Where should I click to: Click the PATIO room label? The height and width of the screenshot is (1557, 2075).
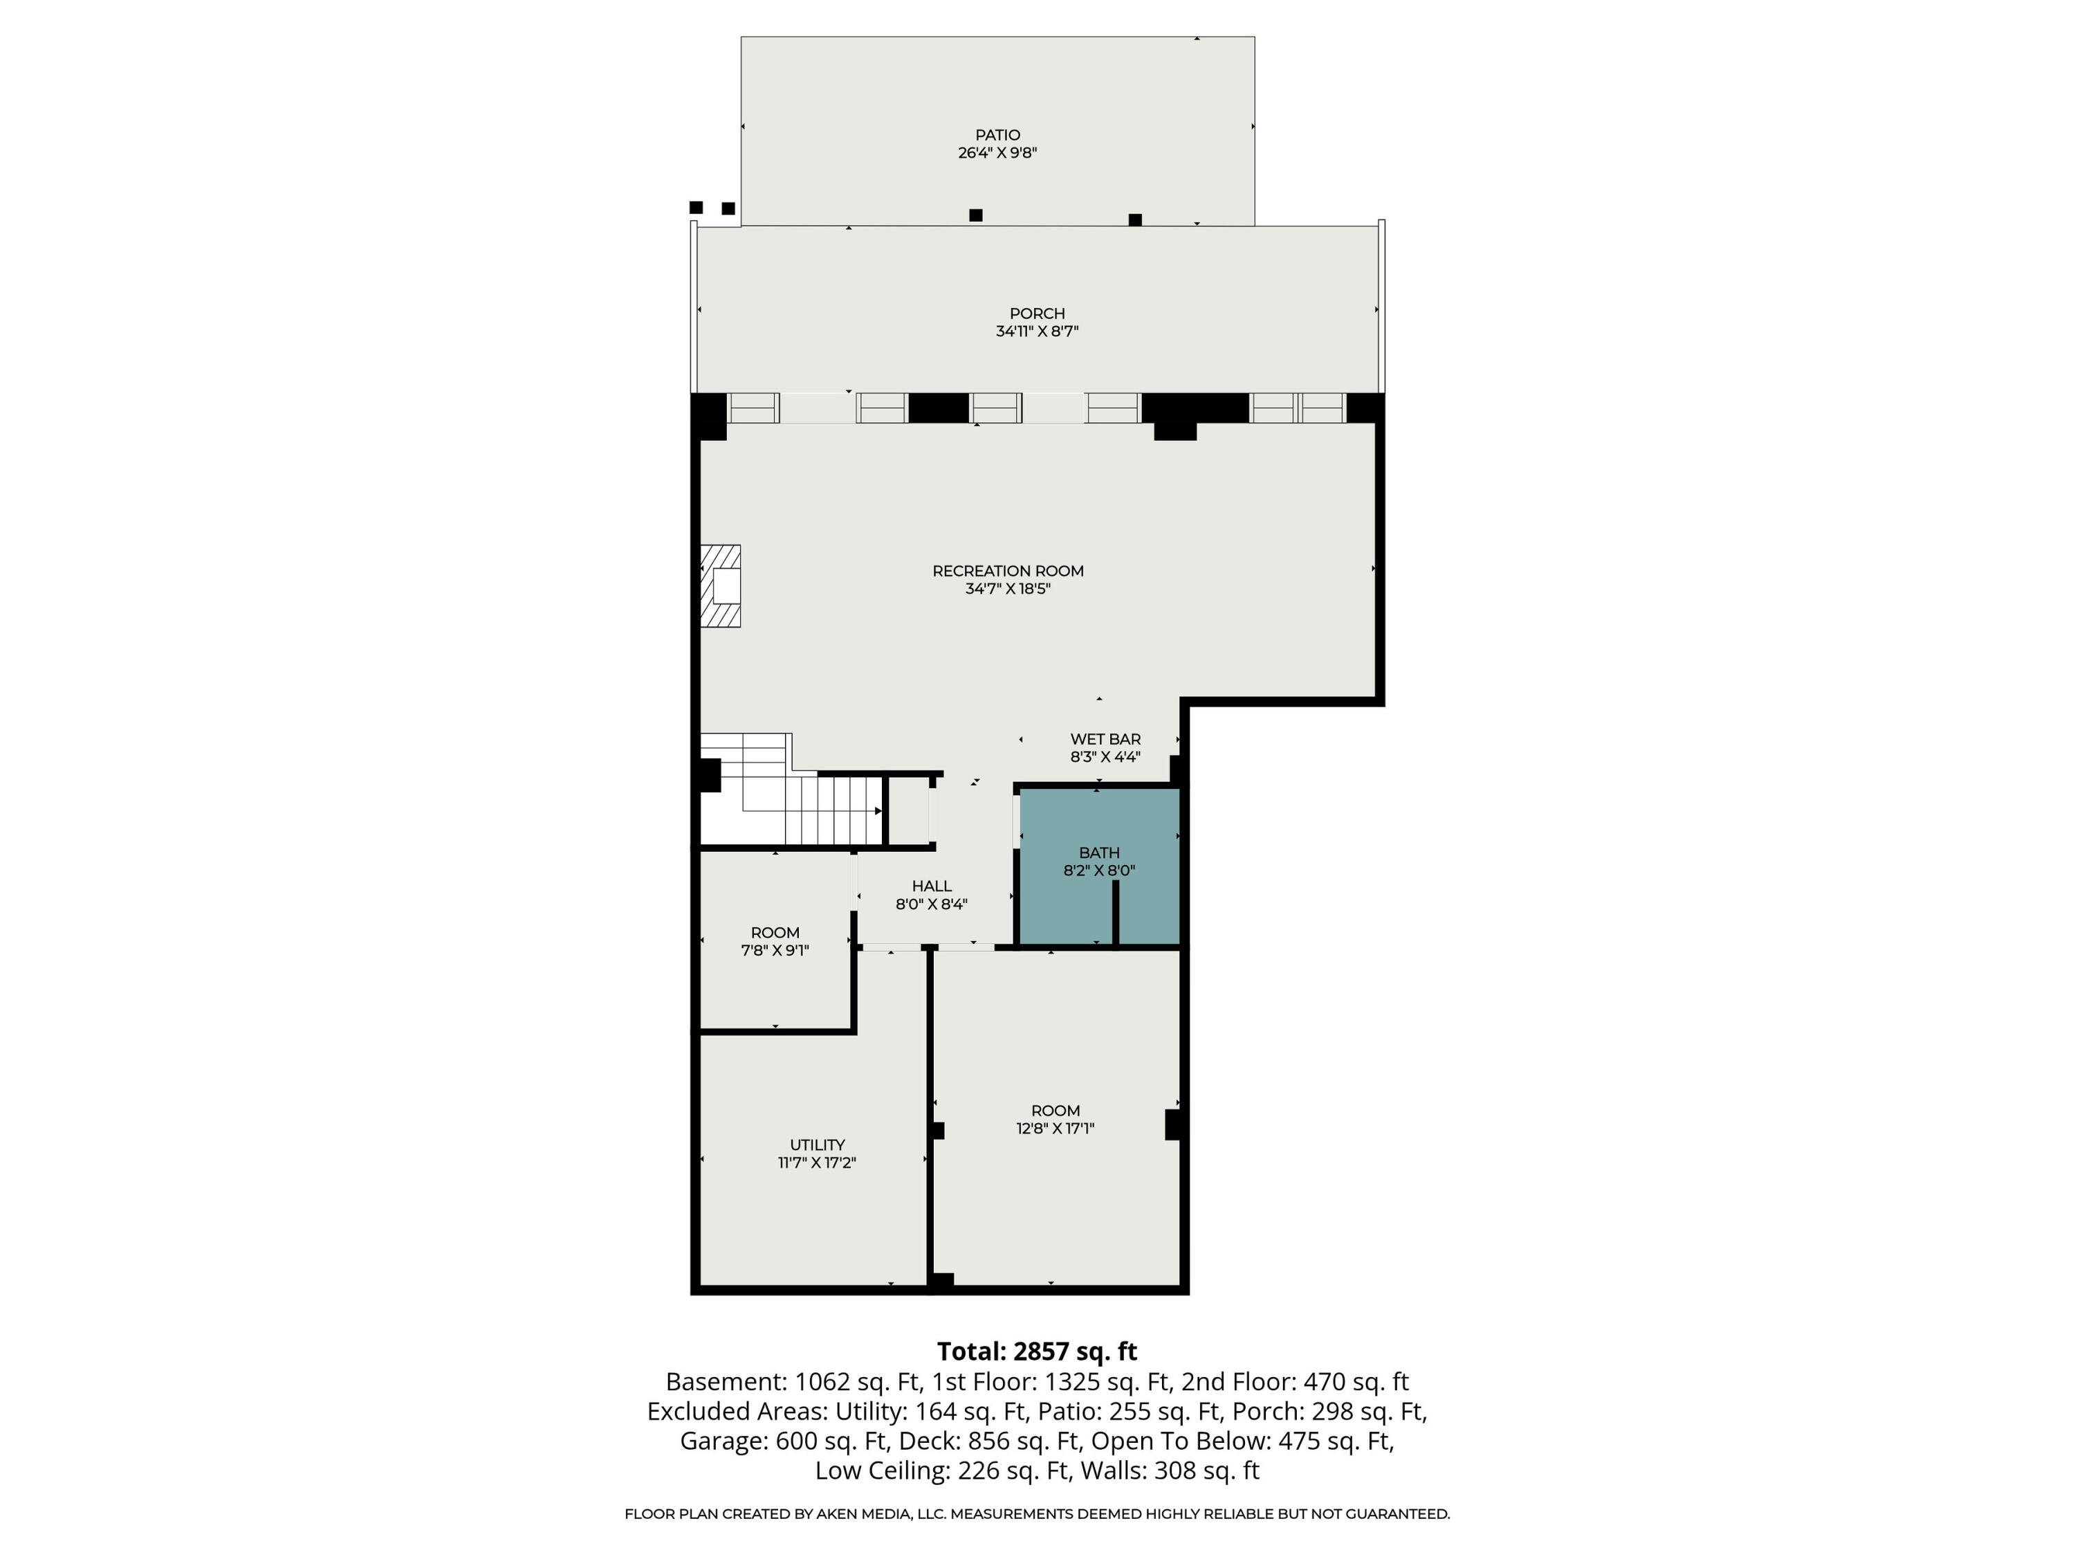point(997,135)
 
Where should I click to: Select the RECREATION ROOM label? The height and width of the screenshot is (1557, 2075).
point(1008,571)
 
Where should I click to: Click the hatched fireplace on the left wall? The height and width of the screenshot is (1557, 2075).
point(721,585)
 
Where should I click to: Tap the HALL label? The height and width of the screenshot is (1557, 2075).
point(932,886)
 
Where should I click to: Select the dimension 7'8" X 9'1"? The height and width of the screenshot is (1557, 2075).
point(775,950)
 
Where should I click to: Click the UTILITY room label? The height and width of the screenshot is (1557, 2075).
point(817,1145)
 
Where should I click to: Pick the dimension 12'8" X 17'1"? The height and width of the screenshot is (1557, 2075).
point(1055,1128)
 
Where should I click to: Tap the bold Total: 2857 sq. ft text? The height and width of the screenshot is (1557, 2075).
point(1037,1351)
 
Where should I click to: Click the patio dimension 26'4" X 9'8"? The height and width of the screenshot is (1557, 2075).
point(997,153)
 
